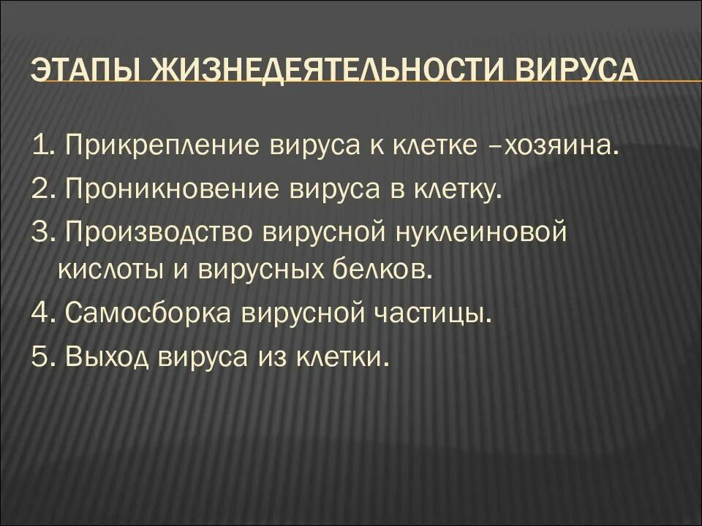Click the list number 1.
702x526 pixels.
40,146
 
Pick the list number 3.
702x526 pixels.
40,233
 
